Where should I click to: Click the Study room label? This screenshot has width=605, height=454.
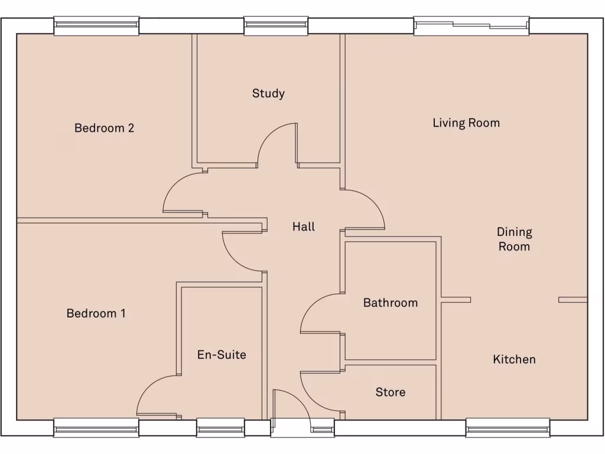click(x=268, y=93)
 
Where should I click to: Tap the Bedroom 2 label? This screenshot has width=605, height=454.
click(x=104, y=128)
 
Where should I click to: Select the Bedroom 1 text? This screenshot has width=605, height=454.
click(x=96, y=313)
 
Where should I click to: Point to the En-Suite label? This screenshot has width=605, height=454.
click(x=222, y=355)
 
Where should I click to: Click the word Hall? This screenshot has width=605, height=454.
click(x=304, y=226)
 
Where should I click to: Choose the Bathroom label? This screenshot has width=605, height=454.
click(x=390, y=303)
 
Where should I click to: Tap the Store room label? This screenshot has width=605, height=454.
click(x=390, y=392)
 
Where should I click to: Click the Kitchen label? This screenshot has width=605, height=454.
click(x=514, y=359)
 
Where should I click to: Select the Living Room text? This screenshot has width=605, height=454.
click(x=466, y=123)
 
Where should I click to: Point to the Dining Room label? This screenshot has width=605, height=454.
click(x=514, y=239)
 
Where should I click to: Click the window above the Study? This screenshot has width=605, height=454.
click(x=276, y=25)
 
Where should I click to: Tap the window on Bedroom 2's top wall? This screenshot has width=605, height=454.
click(x=96, y=25)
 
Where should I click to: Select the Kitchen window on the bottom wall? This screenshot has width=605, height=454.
click(x=508, y=427)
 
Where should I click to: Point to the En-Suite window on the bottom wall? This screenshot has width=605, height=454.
click(x=220, y=427)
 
